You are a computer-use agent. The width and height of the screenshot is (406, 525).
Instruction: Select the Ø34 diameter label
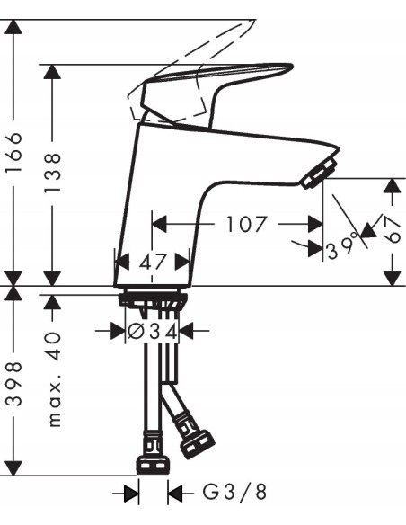tap(152, 331)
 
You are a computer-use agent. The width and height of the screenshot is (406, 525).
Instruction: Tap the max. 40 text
tap(54, 378)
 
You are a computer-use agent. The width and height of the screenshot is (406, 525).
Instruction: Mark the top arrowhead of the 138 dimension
tap(54, 71)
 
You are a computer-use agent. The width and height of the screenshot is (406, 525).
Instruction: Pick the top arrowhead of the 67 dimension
tap(393, 185)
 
